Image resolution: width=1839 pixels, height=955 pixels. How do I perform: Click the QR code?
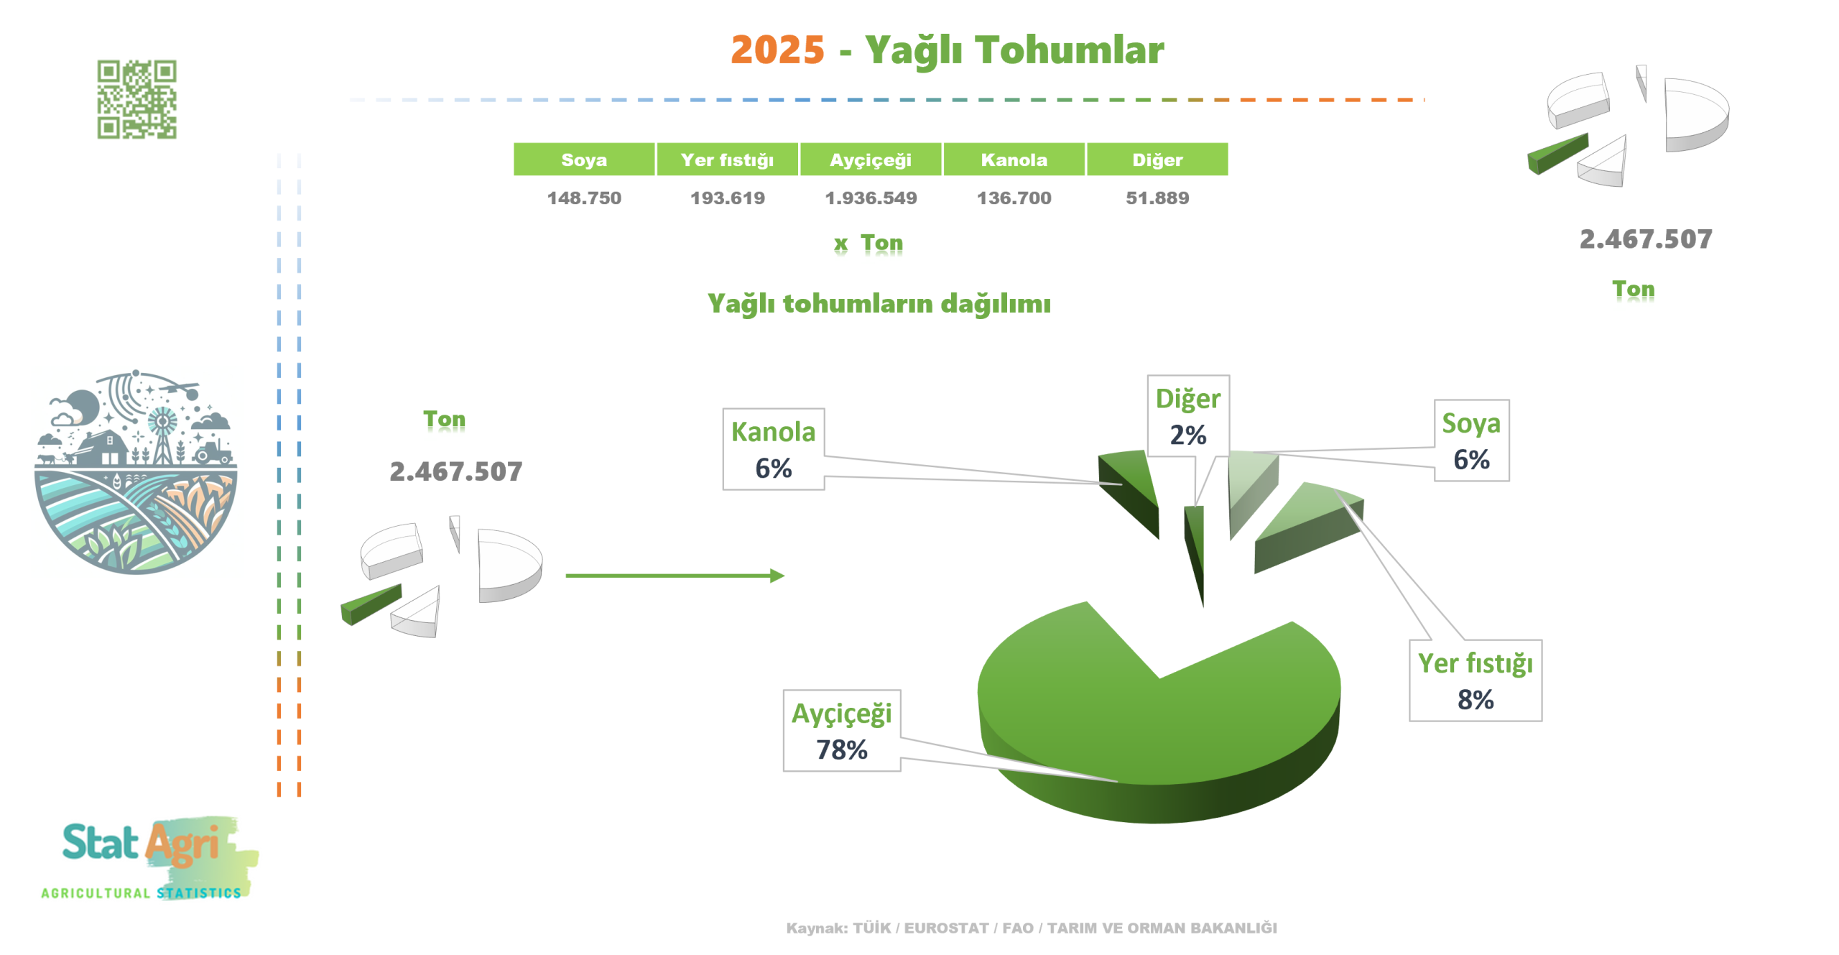tap(136, 99)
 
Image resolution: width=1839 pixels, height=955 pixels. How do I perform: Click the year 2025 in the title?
tap(777, 50)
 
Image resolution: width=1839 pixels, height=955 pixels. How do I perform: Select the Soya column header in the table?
tap(583, 159)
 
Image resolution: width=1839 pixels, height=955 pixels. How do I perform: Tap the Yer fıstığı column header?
tap(727, 159)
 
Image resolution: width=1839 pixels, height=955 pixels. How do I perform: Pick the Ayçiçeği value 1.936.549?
tap(871, 198)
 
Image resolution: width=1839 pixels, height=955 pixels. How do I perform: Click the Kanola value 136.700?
tap(1014, 198)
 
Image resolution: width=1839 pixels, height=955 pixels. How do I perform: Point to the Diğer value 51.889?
tap(1157, 198)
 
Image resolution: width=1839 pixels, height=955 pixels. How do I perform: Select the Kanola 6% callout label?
tap(773, 449)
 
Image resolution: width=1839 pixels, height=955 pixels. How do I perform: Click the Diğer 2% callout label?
tap(1187, 416)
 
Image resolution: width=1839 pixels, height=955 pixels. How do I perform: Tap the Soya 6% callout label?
tap(1471, 440)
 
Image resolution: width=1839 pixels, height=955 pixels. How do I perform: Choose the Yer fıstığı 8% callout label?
tap(1475, 681)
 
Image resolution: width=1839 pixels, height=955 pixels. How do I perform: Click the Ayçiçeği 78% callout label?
tap(841, 731)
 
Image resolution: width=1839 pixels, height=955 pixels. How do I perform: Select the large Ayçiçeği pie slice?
tap(1158, 726)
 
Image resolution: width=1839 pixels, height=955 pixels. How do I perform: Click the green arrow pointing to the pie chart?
tap(675, 576)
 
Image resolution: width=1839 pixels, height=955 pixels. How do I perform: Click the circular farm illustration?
tap(136, 472)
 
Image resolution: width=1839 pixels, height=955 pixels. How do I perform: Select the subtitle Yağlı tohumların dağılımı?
tap(879, 303)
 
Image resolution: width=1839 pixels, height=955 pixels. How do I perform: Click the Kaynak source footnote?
tap(1032, 928)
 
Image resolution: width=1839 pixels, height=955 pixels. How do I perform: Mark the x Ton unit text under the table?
tap(868, 243)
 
